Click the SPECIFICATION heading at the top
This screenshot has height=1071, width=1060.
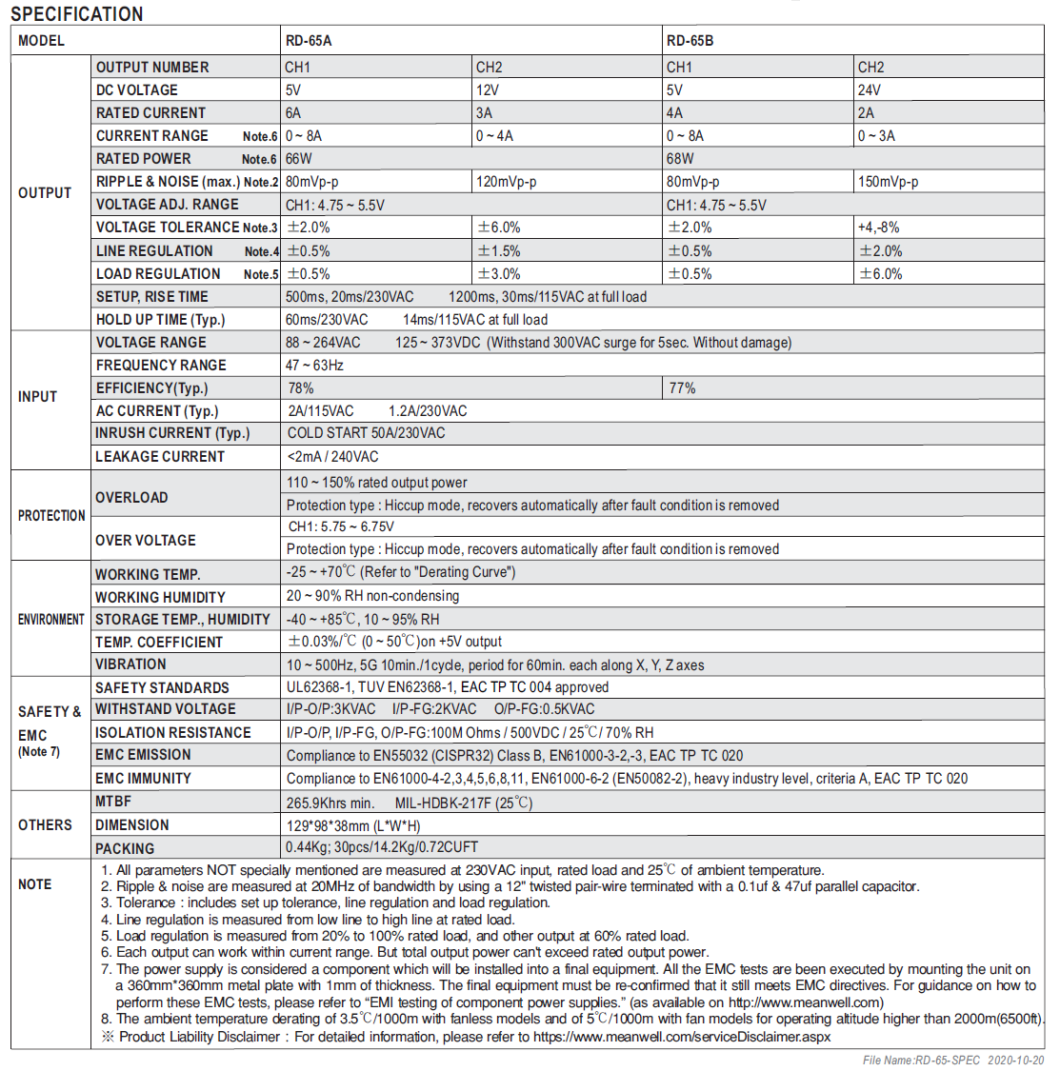click(x=76, y=13)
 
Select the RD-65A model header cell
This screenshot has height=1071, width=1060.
click(x=309, y=41)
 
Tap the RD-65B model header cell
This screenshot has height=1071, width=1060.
click(x=690, y=41)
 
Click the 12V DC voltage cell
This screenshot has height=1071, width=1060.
click(x=488, y=90)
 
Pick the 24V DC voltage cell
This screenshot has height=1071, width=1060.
click(x=869, y=90)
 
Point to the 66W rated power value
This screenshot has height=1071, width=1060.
click(x=299, y=159)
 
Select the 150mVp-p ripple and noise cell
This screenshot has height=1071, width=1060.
click(x=888, y=182)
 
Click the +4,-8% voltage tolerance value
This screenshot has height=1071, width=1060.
click(x=878, y=228)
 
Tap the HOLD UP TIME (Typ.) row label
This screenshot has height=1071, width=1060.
click(x=161, y=320)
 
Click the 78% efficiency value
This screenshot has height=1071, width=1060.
click(x=301, y=388)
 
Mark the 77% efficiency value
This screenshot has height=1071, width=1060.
click(x=682, y=388)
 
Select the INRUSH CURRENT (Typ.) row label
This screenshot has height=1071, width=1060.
click(x=172, y=433)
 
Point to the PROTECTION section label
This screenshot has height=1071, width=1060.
click(x=51, y=516)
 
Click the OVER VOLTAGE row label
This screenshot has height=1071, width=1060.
click(x=146, y=541)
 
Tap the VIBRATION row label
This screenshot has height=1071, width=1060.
click(x=130, y=664)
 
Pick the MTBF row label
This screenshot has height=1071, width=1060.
click(x=113, y=802)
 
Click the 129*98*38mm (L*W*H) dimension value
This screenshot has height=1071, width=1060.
click(x=353, y=825)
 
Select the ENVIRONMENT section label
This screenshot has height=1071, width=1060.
click(x=51, y=620)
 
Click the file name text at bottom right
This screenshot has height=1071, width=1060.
click(x=952, y=1061)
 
